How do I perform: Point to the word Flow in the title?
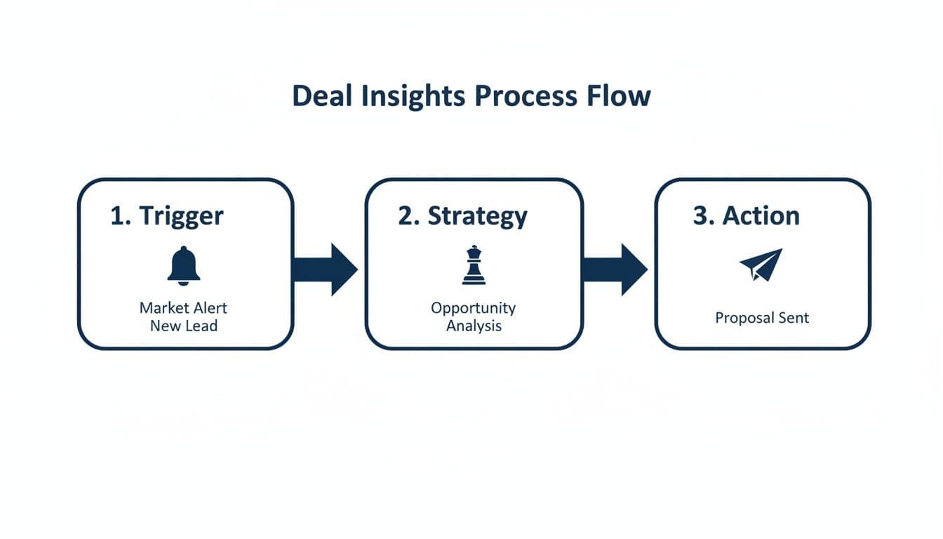point(620,96)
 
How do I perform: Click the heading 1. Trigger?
point(167,215)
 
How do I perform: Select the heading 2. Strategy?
point(462,215)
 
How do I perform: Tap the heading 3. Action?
point(746,215)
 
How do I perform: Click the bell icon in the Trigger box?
point(184,266)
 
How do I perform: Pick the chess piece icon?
point(474,265)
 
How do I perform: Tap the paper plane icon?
point(761,265)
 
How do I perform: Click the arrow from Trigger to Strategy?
point(326,269)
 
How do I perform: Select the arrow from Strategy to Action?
point(615,269)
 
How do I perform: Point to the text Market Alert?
point(183,308)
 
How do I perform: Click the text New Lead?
point(184,326)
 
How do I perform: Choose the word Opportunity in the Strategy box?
point(473,308)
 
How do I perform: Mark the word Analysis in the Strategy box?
point(474,326)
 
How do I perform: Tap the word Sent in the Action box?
point(794,318)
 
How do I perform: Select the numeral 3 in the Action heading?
point(701,215)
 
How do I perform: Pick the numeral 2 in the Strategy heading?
point(406,215)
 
